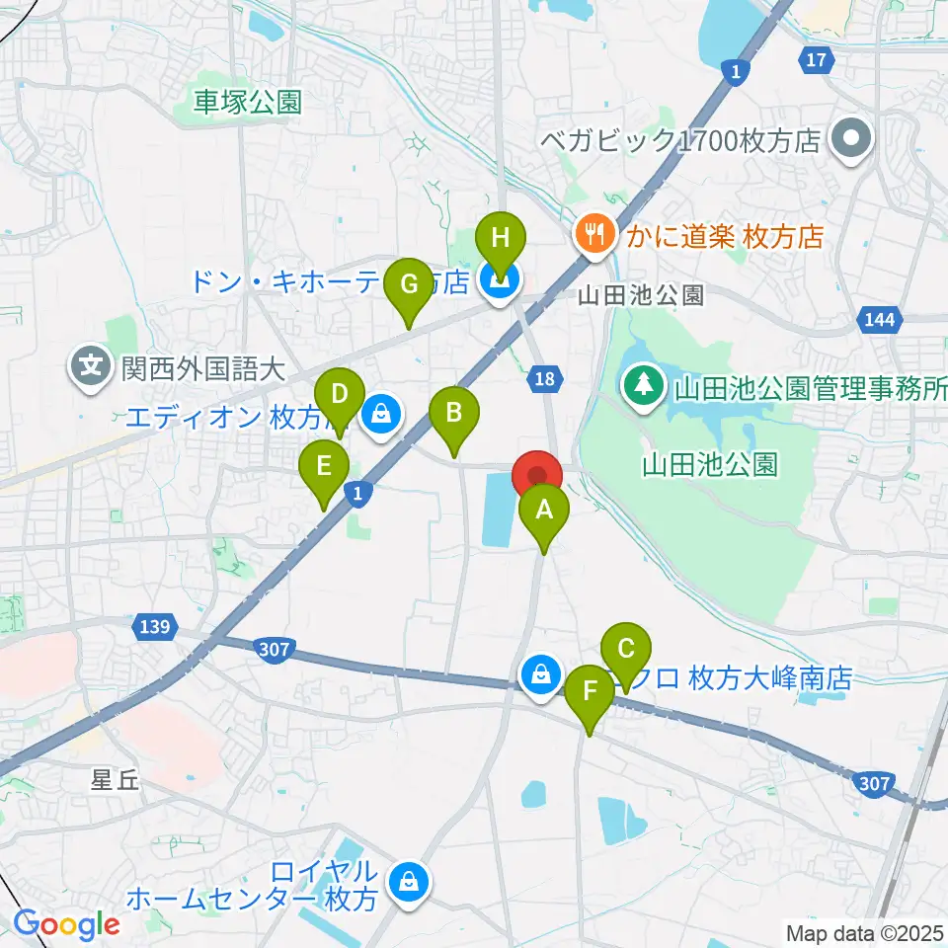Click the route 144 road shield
click(x=876, y=319)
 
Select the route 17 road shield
click(x=815, y=60)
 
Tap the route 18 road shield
click(x=547, y=376)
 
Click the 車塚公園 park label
click(x=247, y=102)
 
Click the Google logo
click(x=66, y=924)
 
